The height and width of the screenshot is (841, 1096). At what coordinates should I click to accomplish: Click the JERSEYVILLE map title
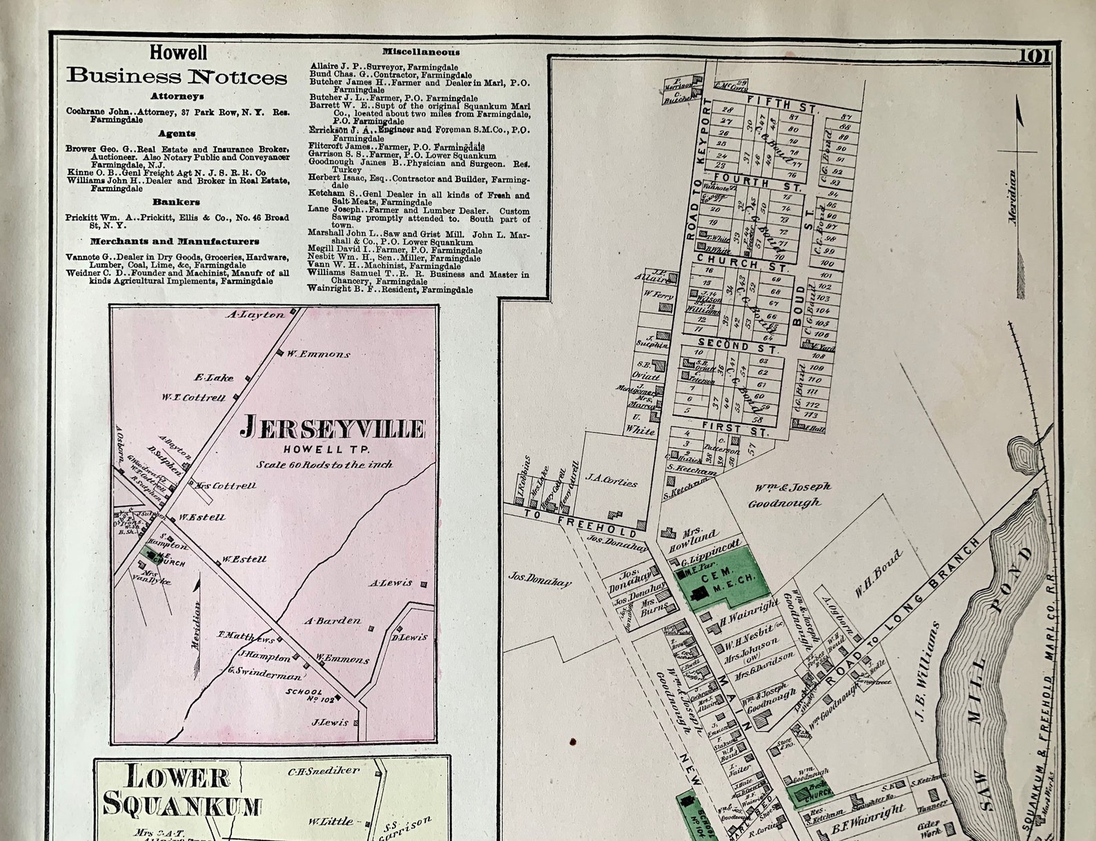pos(332,428)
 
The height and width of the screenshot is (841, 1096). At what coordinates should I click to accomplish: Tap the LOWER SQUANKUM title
pos(182,791)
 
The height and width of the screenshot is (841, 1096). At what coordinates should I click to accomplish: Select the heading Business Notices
pos(177,76)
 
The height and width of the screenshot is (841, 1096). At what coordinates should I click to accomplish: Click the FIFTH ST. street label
pos(782,104)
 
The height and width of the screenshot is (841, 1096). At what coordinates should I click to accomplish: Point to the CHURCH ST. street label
pos(742,263)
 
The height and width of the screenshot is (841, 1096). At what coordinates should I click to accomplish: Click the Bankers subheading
pos(176,202)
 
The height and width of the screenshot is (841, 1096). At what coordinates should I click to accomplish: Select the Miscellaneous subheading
pos(421,52)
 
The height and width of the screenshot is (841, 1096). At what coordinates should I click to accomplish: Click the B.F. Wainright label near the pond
pos(867,817)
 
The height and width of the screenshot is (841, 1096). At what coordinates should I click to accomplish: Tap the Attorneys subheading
pos(177,97)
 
